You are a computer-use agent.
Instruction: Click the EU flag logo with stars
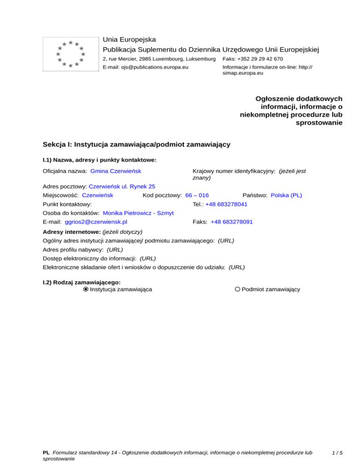pyautogui.click(x=70, y=54)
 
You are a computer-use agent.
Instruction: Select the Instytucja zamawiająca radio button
pyautogui.click(x=85, y=289)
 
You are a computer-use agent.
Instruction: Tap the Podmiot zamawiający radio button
pyautogui.click(x=238, y=289)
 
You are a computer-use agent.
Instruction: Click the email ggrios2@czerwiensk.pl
pyautogui.click(x=96, y=222)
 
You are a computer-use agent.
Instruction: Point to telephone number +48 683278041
pyautogui.click(x=226, y=204)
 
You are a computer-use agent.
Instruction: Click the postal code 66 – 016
pyautogui.click(x=197, y=195)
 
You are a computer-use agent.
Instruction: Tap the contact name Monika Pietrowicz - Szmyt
pyautogui.click(x=138, y=213)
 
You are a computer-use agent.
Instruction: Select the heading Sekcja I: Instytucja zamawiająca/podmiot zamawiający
pyautogui.click(x=136, y=144)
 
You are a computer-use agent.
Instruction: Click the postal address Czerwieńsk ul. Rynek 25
pyautogui.click(x=122, y=186)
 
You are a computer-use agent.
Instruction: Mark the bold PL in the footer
pyautogui.click(x=46, y=453)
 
